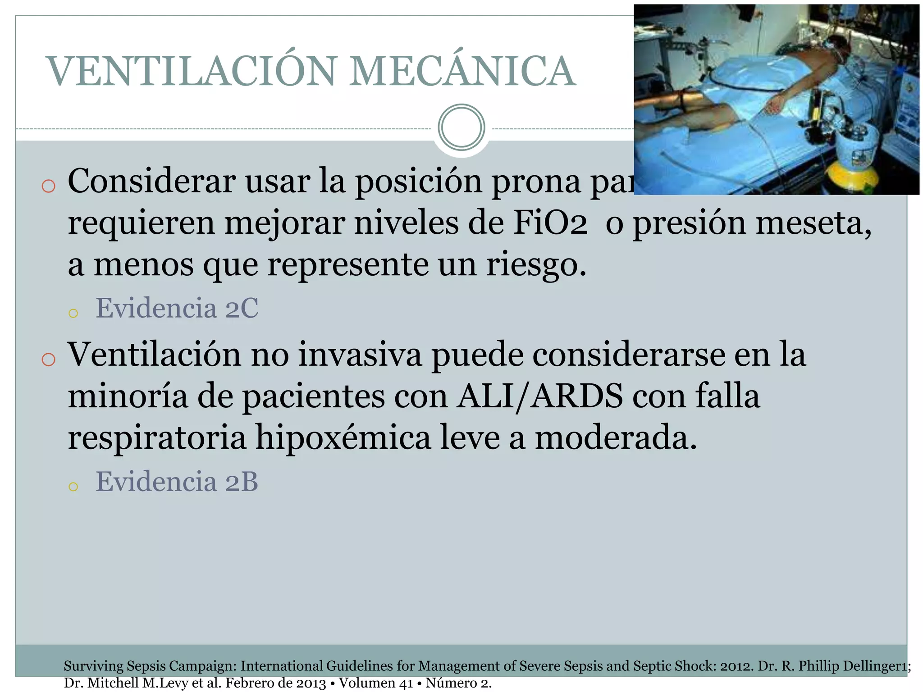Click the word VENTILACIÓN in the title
tap(192, 71)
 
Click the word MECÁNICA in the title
tap(462, 71)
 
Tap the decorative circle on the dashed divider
tap(461, 127)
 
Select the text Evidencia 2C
tap(177, 308)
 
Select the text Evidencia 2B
tap(177, 481)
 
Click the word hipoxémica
tap(343, 437)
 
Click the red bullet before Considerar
tap(48, 186)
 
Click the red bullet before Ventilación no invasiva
tap(48, 360)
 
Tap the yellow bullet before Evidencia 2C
tap(73, 313)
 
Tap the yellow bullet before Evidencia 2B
tap(73, 486)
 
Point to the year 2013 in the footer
tap(311, 683)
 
